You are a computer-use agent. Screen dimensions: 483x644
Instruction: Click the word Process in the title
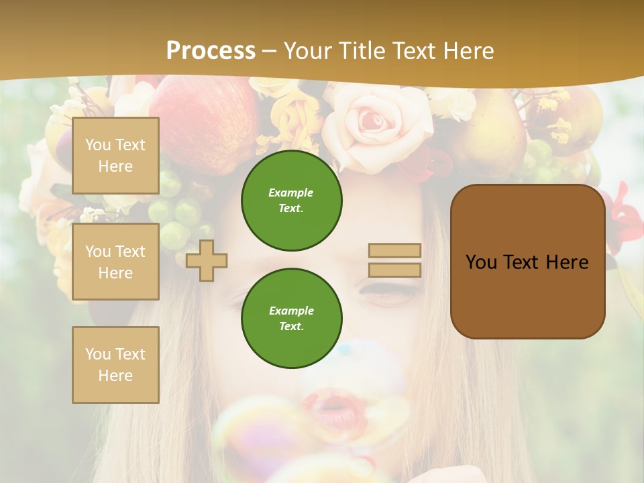(x=211, y=51)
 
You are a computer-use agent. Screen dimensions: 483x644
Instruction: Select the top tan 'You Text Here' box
(x=115, y=156)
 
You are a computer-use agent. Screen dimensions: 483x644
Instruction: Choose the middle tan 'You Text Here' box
(x=115, y=262)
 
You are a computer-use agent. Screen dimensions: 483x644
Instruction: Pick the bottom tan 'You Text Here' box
(x=115, y=365)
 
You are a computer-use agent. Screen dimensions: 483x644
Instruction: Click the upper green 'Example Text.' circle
(x=292, y=200)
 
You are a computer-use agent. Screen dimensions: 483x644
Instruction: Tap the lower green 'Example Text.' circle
(x=292, y=318)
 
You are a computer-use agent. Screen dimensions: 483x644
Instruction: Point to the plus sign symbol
(x=207, y=260)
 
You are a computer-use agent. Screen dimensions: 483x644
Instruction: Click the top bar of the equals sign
(x=395, y=251)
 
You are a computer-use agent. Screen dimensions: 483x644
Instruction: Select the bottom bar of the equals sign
(x=395, y=270)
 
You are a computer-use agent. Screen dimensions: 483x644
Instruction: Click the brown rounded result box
(x=527, y=262)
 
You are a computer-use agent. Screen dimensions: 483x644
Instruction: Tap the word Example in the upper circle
(x=291, y=193)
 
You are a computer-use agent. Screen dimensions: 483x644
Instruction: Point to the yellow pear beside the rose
(x=490, y=134)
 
